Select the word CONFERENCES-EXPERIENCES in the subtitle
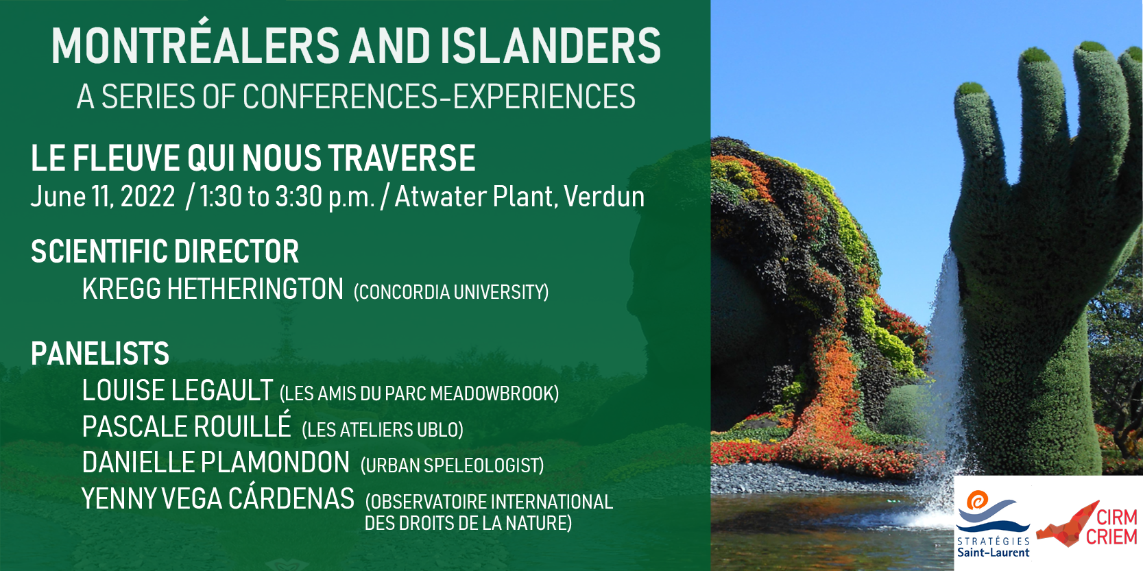[439, 97]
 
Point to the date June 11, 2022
[103, 197]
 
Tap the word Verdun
[604, 197]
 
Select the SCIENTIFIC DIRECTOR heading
[165, 251]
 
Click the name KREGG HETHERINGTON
[213, 289]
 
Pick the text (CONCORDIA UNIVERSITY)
[451, 292]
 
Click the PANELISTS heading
[100, 353]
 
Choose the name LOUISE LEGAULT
[178, 390]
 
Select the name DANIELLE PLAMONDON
[216, 462]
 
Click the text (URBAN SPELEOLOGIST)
[452, 465]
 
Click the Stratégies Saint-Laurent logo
[993, 524]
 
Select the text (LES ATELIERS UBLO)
[383, 430]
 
